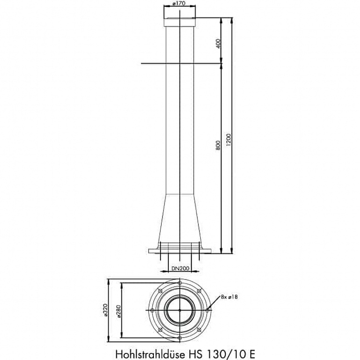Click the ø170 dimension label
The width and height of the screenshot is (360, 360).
pyautogui.click(x=179, y=3)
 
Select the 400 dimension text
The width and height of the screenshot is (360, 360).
pyautogui.click(x=218, y=44)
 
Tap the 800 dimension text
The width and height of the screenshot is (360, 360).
pyautogui.click(x=218, y=145)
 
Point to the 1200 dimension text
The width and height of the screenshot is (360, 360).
pyautogui.click(x=229, y=139)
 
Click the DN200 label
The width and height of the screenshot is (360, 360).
pyautogui.click(x=180, y=268)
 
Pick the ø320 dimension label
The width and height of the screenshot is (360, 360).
pyautogui.click(x=105, y=310)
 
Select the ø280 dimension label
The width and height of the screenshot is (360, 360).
pyautogui.click(x=118, y=311)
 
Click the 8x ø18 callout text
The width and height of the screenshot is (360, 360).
pyautogui.click(x=229, y=297)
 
